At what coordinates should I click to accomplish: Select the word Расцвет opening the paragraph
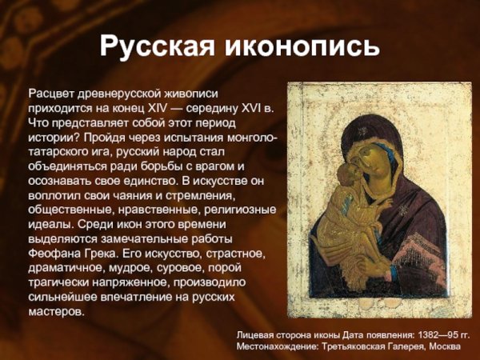click(50, 94)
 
